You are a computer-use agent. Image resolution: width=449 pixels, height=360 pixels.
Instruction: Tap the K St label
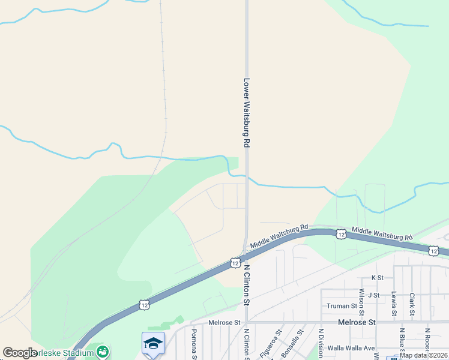pyautogui.click(x=377, y=278)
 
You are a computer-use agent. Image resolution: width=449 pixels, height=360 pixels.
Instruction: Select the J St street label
pyautogui.click(x=375, y=295)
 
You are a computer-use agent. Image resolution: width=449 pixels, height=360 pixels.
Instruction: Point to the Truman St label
pyautogui.click(x=342, y=306)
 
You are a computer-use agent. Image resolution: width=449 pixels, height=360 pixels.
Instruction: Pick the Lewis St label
pyautogui.click(x=394, y=304)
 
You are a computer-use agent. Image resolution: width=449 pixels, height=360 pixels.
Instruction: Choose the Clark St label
pyautogui.click(x=412, y=304)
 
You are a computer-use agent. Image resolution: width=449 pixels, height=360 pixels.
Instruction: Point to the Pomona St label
pyautogui.click(x=194, y=343)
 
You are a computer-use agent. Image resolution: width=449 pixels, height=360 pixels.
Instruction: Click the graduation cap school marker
pyautogui.click(x=153, y=343)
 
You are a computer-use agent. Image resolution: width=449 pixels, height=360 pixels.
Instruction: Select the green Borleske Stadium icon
pyautogui.click(x=103, y=351)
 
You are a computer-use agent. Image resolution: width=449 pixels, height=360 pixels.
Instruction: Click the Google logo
pyautogui.click(x=20, y=353)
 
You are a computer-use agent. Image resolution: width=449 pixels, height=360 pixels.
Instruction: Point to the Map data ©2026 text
pyautogui.click(x=423, y=355)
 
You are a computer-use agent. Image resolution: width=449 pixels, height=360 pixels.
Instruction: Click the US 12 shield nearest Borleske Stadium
pyautogui.click(x=145, y=305)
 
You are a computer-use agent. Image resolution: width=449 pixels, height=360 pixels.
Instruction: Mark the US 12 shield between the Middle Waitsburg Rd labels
pyautogui.click(x=340, y=233)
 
